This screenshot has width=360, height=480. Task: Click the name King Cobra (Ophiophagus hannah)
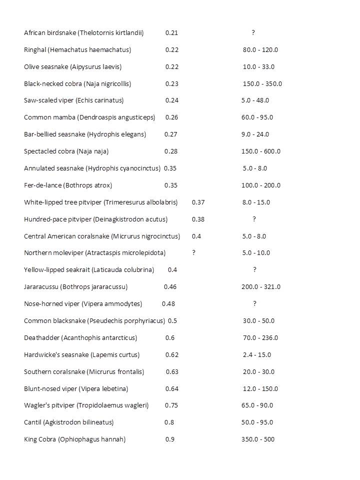(x=74, y=439)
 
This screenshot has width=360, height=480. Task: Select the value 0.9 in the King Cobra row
(x=170, y=439)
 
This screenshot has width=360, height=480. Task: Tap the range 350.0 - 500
(x=258, y=439)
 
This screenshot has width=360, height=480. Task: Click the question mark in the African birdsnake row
(x=253, y=33)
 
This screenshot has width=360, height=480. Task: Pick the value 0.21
(x=171, y=33)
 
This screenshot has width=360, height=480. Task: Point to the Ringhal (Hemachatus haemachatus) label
(x=77, y=50)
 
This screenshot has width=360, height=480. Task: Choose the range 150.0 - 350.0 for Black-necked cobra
(x=262, y=84)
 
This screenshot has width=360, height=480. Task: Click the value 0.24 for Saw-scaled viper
(x=172, y=100)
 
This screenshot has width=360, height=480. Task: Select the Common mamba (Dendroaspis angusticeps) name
(x=89, y=117)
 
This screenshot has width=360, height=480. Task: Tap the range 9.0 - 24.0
(x=255, y=134)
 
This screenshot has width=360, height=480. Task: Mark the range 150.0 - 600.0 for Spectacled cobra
(x=261, y=151)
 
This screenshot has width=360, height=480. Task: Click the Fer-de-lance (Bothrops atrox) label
(x=68, y=185)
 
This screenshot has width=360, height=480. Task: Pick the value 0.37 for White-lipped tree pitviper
(x=198, y=202)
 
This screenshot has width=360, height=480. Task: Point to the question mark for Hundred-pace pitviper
(x=254, y=219)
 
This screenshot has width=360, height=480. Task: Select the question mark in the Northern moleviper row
(x=194, y=253)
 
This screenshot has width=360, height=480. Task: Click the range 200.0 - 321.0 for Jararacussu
(x=261, y=287)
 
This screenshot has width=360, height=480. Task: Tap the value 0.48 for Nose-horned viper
(x=168, y=304)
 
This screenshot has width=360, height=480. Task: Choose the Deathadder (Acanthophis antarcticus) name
(x=80, y=338)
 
